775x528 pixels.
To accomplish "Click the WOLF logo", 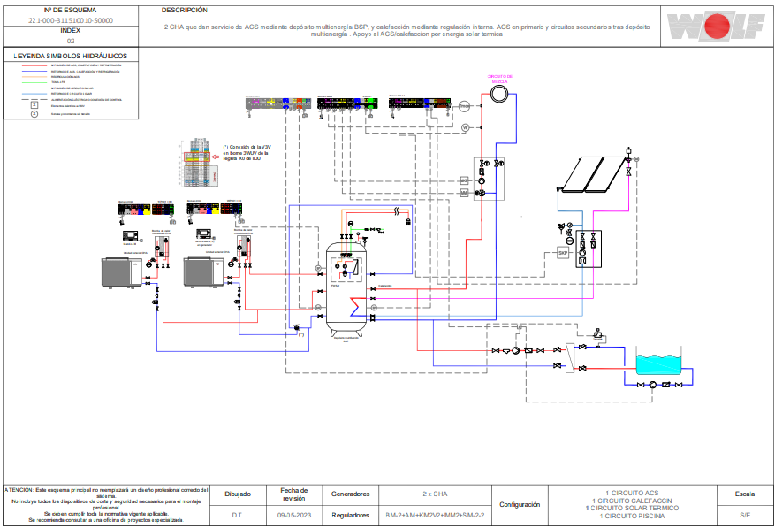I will click(715, 26).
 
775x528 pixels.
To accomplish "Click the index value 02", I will click(71, 41).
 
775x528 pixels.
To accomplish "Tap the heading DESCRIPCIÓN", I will click(185, 11).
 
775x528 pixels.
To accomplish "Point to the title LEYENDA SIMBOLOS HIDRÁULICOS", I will click(71, 56).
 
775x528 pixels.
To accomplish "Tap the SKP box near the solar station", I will click(561, 253).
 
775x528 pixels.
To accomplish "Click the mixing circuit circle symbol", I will click(498, 95).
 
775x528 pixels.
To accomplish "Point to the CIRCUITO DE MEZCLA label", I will click(499, 79).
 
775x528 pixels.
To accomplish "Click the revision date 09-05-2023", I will click(293, 515).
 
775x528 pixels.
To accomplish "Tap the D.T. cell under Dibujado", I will click(238, 515).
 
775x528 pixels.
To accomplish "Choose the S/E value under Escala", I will click(745, 515).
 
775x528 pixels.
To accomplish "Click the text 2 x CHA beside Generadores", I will click(435, 494).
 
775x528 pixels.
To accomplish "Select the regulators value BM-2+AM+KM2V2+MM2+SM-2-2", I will click(435, 515).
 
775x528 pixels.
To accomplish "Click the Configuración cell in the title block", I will click(520, 504).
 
